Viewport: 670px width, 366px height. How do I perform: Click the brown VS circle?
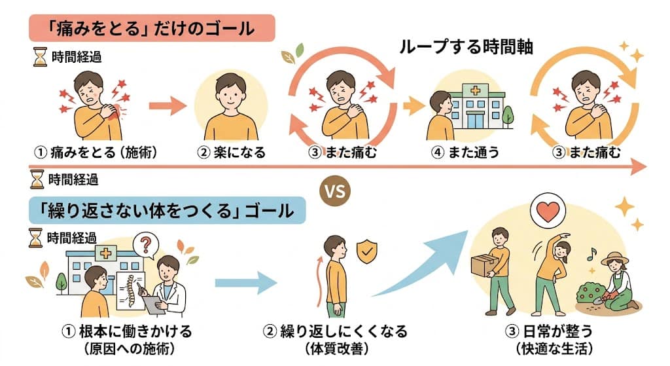[335, 191]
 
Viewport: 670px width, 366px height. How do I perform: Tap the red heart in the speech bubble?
[548, 211]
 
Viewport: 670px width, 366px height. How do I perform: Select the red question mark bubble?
[146, 246]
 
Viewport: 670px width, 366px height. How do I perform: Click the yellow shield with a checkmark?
[366, 252]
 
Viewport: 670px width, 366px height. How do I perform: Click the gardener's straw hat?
[614, 258]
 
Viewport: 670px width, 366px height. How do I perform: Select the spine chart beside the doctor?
[131, 291]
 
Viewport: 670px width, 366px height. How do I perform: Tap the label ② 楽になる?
[231, 152]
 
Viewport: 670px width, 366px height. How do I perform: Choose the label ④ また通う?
[465, 152]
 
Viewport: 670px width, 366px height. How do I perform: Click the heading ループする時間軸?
[466, 46]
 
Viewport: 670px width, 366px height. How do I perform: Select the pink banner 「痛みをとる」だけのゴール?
[152, 28]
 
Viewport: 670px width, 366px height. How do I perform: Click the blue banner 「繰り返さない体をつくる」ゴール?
[167, 210]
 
